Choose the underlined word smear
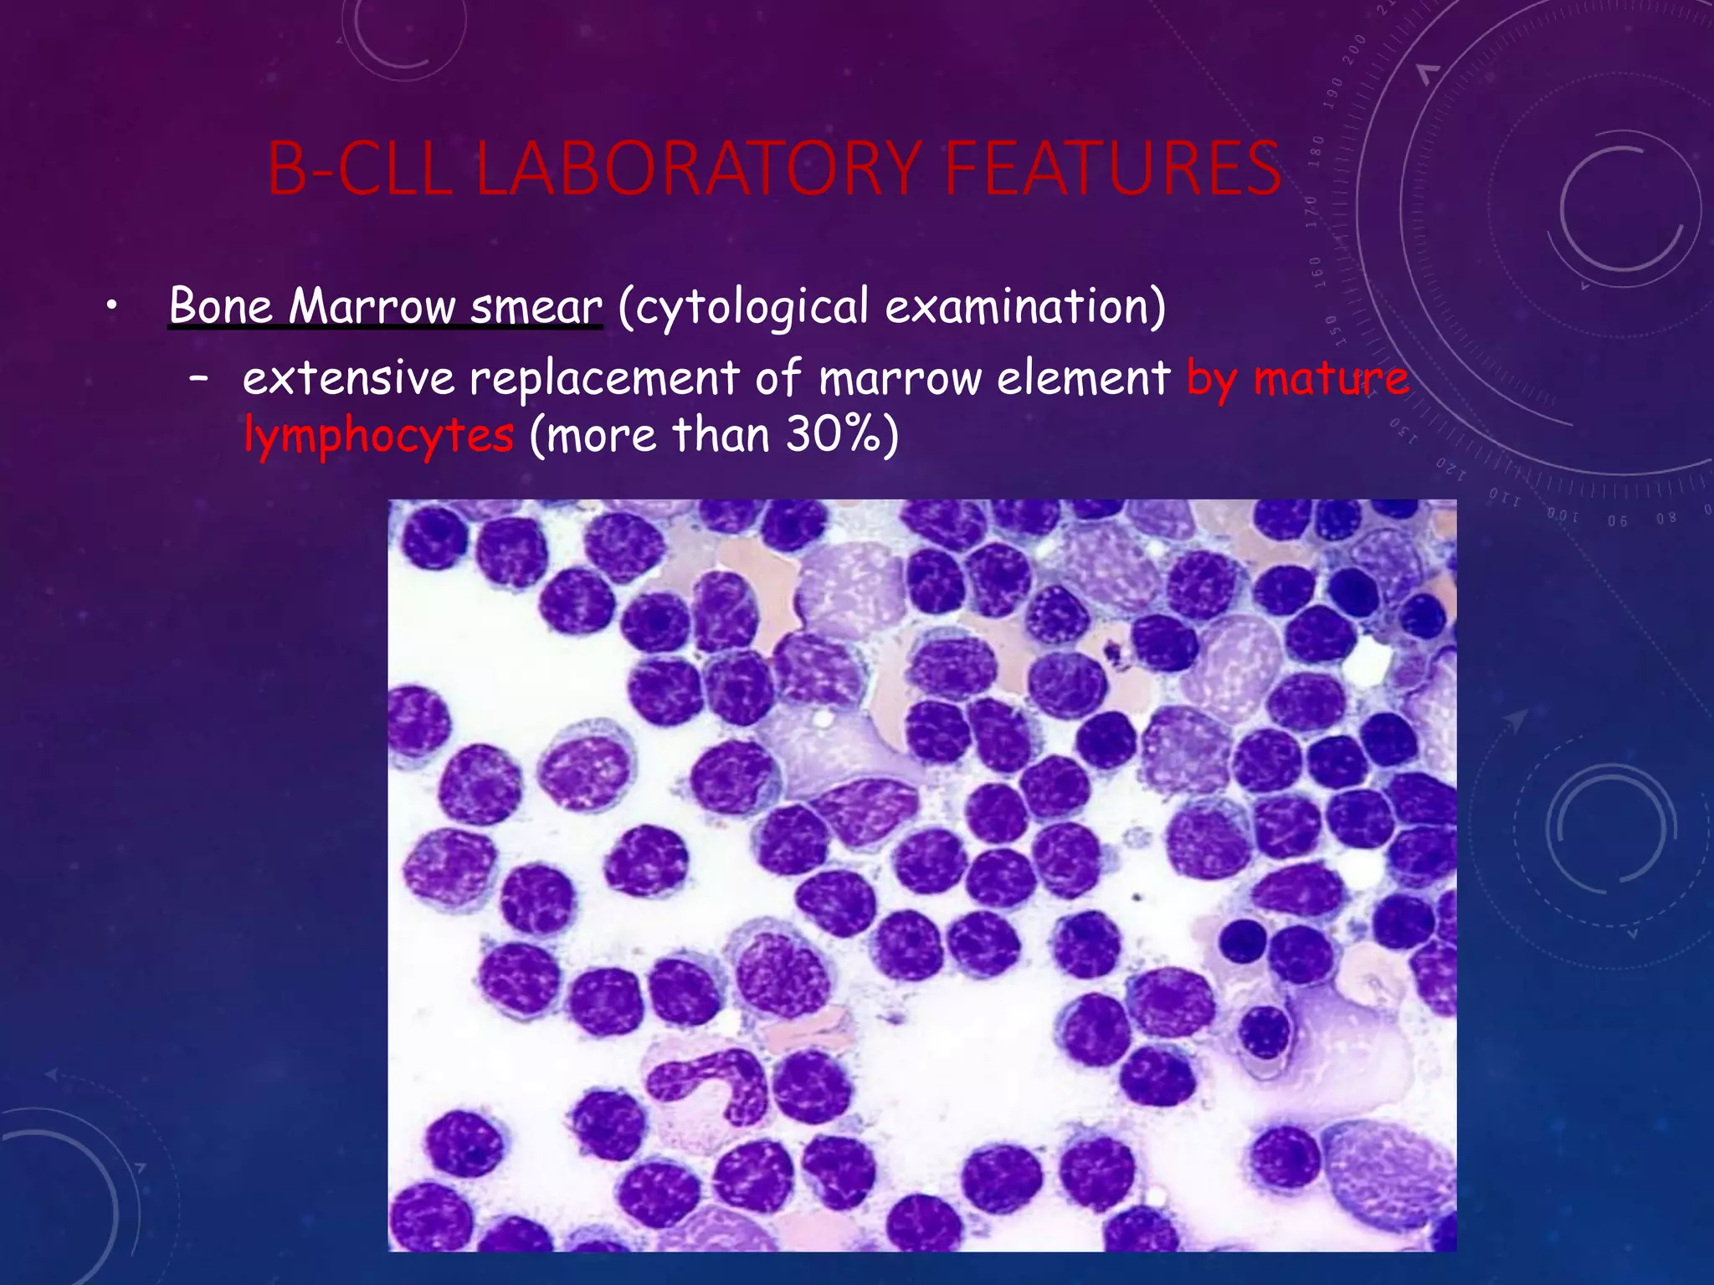(x=536, y=307)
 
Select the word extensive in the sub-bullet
(x=348, y=378)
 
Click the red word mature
(x=1331, y=378)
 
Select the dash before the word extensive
(x=199, y=379)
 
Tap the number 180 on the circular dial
(x=1316, y=151)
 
